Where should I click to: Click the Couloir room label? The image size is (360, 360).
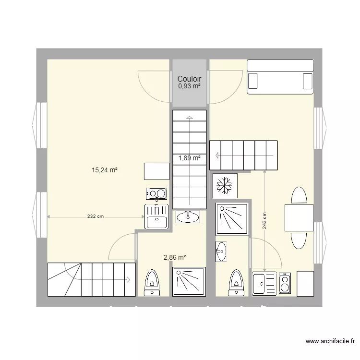point(189,79)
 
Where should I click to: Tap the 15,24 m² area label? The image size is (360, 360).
point(105,169)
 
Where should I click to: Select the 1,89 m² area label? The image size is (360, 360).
point(190,157)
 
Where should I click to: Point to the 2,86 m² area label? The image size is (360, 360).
point(175,257)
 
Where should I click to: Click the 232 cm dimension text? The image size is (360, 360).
point(96,216)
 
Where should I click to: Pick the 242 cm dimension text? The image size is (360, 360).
point(264,221)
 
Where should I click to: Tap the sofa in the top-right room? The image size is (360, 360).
point(280,77)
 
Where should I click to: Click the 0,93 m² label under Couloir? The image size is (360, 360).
point(189,86)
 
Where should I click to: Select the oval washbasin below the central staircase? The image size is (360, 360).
point(188,217)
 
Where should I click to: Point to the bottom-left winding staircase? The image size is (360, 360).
point(91,280)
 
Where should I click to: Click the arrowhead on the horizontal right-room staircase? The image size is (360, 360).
point(217,155)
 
